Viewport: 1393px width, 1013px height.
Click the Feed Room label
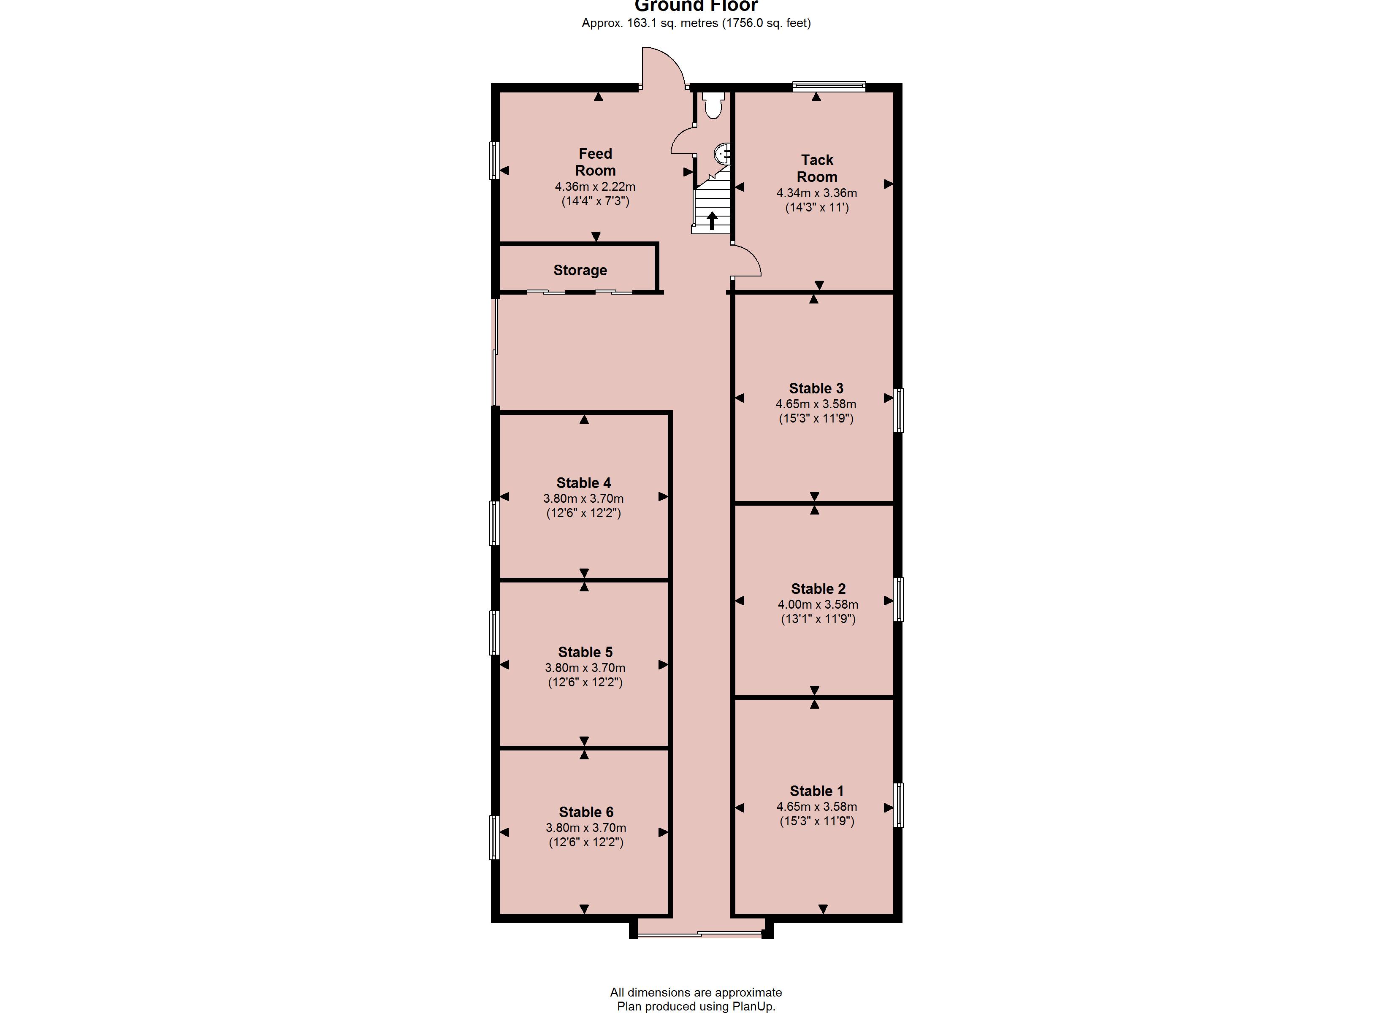595,162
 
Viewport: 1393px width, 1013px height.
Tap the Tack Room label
817,168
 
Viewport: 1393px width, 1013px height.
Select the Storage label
580,270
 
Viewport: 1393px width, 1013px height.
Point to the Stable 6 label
586,812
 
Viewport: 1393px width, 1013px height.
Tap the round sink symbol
723,153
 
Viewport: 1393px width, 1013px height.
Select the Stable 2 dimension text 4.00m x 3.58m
818,604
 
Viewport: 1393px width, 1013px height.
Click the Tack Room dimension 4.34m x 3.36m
817,193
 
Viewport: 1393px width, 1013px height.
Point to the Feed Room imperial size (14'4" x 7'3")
595,201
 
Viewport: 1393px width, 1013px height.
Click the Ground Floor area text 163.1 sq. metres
672,23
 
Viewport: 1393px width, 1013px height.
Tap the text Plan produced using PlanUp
696,1006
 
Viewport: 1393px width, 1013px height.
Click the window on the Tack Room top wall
829,87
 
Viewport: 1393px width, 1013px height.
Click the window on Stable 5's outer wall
494,632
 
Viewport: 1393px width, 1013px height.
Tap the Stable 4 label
583,483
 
